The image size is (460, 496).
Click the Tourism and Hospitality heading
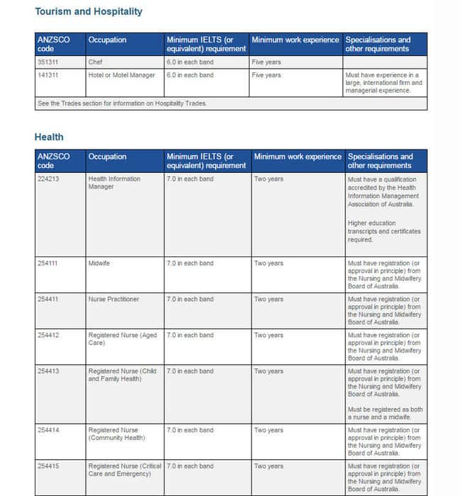coord(89,11)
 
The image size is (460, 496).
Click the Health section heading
coord(49,137)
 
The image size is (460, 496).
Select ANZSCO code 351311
coord(48,62)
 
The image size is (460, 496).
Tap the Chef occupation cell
coord(96,62)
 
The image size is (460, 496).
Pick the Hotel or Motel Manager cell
coord(121,75)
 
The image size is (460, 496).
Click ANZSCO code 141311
coord(48,75)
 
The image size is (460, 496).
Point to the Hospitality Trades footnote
coord(121,103)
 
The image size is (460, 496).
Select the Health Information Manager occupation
coord(114,183)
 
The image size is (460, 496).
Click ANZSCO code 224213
coord(48,179)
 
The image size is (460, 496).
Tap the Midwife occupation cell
coord(99,264)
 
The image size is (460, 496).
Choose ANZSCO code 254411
coord(48,299)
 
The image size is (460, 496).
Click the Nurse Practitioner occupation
coord(114,299)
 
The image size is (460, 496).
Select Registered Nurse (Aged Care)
coord(123,339)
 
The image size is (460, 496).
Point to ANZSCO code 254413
coord(48,371)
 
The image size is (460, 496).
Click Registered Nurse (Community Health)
coord(116,434)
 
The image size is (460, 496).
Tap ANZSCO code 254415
coord(48,466)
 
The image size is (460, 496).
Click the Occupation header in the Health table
coord(107,157)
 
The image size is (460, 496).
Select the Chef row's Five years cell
coord(267,62)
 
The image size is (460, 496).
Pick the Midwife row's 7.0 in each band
coord(190,264)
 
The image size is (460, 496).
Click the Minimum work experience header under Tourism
coord(296,40)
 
